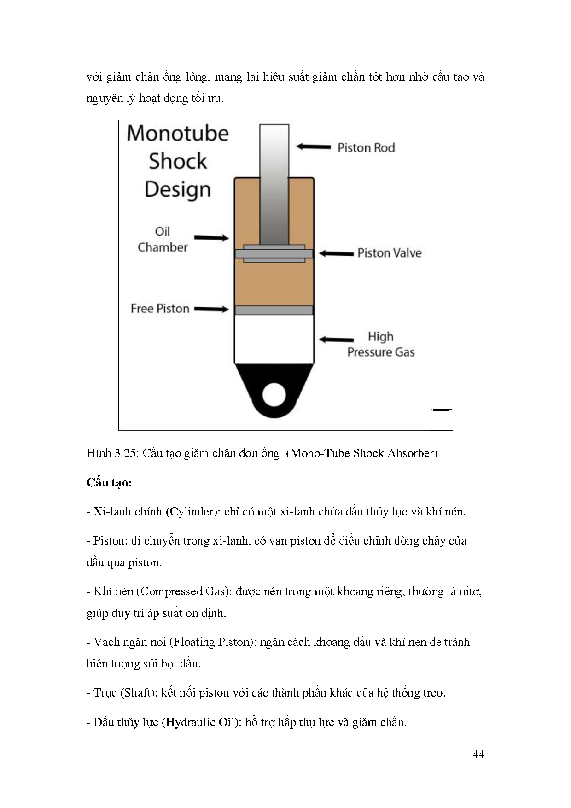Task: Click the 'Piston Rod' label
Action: tap(366, 148)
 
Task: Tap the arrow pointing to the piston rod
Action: tap(313, 147)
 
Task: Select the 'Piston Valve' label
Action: tap(389, 253)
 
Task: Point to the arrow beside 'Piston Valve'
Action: tap(336, 253)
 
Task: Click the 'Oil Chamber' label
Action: tap(163, 240)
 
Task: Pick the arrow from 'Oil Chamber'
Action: tap(211, 238)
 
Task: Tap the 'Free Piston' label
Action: tap(160, 309)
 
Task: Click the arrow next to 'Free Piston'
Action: tap(211, 309)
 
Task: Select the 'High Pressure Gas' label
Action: tap(381, 345)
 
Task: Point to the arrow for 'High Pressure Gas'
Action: tap(336, 340)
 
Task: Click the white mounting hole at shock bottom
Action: tap(274, 395)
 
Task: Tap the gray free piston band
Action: tap(274, 310)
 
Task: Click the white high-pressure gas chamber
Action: tap(274, 339)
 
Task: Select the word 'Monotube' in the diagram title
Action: tap(178, 134)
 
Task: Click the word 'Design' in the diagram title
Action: tap(178, 190)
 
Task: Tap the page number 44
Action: tap(478, 754)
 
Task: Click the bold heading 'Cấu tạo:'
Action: tap(109, 482)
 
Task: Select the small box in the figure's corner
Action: tap(441, 419)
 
